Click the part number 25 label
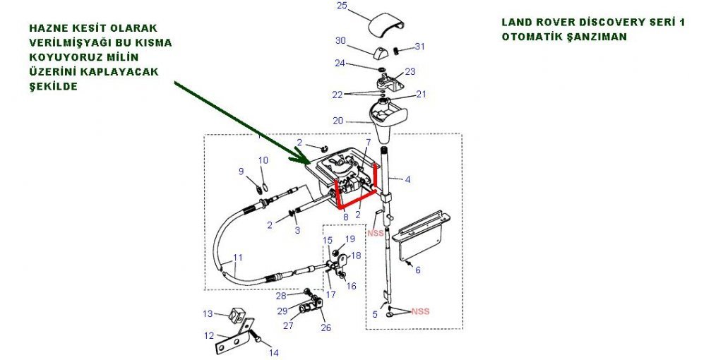[342, 6]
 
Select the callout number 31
[420, 47]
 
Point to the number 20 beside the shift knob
[338, 121]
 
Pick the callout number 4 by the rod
[407, 179]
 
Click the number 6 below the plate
[418, 270]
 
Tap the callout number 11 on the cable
[238, 258]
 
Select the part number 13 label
[208, 314]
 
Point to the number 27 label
[287, 326]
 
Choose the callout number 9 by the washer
[241, 172]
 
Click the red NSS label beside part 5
[420, 311]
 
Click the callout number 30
[340, 40]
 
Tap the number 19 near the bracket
[351, 240]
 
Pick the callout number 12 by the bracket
[209, 335]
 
